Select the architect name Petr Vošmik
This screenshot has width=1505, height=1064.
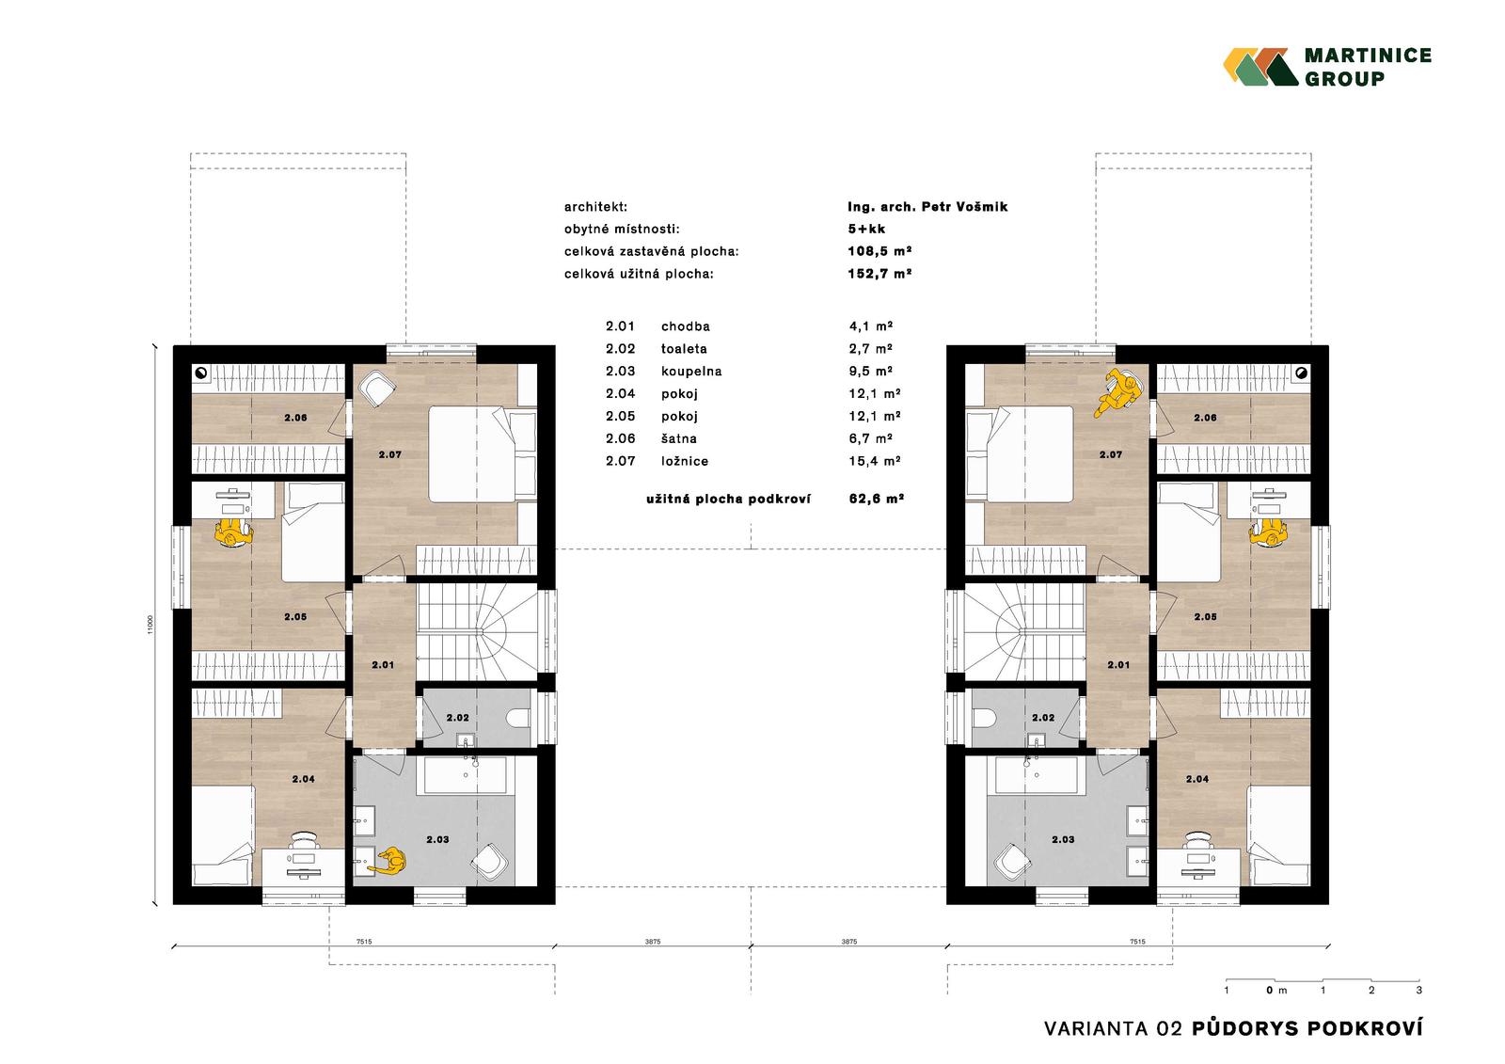coord(964,207)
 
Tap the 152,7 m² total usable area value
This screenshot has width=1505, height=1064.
coord(879,274)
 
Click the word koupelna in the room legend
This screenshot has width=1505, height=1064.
coord(691,372)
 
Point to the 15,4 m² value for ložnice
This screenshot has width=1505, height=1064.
coord(874,461)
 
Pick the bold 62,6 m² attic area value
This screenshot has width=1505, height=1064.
coord(876,499)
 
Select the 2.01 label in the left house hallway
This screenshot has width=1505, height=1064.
coord(383,665)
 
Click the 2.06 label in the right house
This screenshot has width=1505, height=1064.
coord(1205,418)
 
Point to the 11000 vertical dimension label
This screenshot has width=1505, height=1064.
coord(150,625)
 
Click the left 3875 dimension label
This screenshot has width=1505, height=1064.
coord(653,942)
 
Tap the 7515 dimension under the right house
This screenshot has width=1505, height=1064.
coord(1137,942)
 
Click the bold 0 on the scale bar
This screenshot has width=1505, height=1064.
coord(1270,990)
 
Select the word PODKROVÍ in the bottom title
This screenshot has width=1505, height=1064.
coord(1365,1028)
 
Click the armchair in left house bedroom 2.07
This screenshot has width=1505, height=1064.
coord(377,389)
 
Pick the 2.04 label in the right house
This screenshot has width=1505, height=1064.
coord(1197,779)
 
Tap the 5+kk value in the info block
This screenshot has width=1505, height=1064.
coord(866,230)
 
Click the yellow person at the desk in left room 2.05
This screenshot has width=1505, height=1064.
coord(232,533)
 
